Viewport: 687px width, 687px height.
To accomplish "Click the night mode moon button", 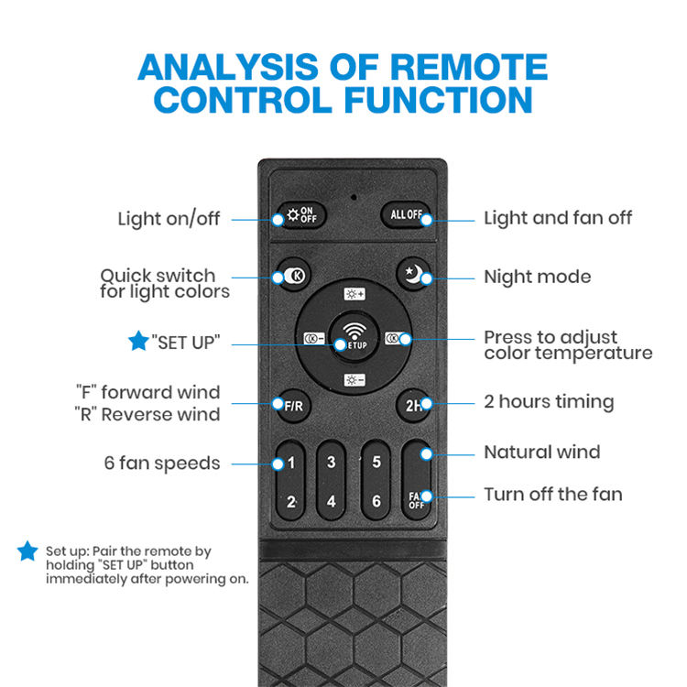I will [413, 273].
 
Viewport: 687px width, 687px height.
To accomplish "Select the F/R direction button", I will [292, 403].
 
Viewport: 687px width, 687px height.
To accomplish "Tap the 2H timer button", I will [412, 403].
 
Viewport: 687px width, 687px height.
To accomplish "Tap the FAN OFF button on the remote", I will [417, 500].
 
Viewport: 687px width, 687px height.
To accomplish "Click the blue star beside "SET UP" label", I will [138, 343].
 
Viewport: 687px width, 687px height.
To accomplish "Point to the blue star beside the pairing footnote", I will [28, 551].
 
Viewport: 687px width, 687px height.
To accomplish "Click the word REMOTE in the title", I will [463, 67].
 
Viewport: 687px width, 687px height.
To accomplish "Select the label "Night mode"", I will [537, 277].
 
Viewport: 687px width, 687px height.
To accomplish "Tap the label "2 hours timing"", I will [549, 402].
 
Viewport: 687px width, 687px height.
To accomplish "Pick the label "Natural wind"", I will [542, 452].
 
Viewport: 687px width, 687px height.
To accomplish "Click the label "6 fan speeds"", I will [162, 463].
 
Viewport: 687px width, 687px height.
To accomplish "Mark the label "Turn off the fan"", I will [553, 495].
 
